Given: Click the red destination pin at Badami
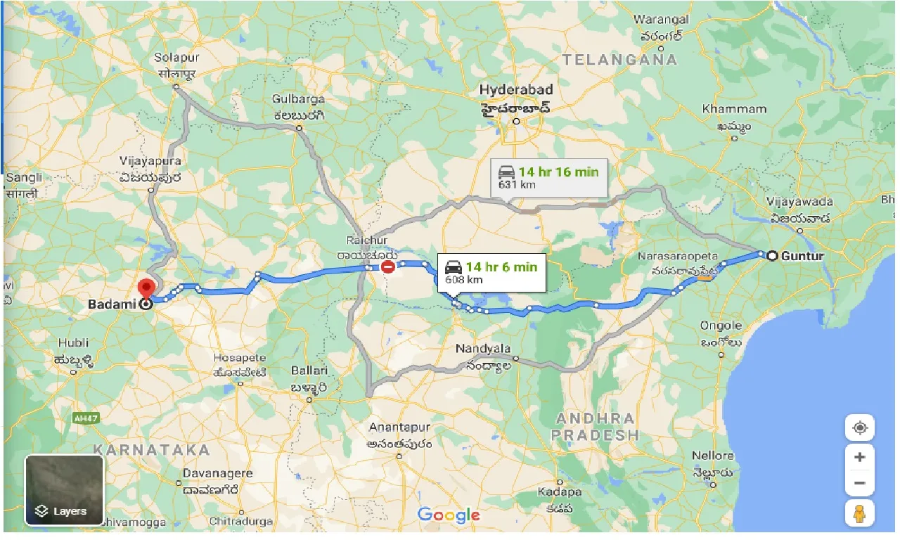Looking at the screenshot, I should coord(146,289).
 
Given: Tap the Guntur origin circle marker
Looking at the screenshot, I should coord(772,256).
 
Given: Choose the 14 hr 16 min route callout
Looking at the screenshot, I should coord(548,177).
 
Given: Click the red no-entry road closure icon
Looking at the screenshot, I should coord(387,266).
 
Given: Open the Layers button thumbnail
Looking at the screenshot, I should coord(65,490).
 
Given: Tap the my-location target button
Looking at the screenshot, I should coord(859,427).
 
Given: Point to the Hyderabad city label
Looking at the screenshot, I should coord(516,90).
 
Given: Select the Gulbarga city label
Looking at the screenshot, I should coord(299,99).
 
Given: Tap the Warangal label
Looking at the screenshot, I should coord(662,19).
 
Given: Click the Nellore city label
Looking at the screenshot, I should coord(712,456).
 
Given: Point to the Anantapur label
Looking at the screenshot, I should coord(397,427).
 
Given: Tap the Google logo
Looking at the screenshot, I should coord(449,515).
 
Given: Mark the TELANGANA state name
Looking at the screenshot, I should coord(619,60).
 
